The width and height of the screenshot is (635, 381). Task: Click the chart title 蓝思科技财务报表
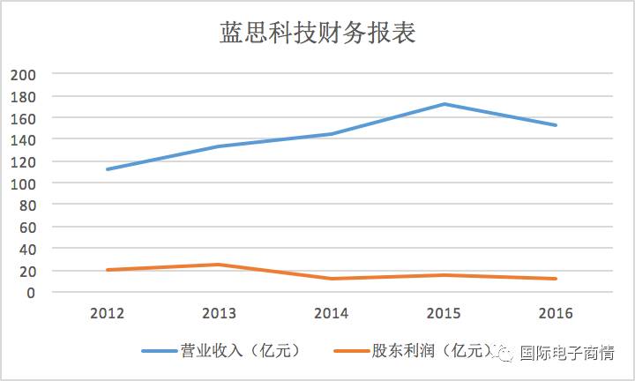coord(317,34)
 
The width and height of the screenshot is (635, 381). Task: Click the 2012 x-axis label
coord(107,313)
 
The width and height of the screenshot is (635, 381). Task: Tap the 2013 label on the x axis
coord(219,313)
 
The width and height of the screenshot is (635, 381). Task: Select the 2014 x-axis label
coord(331,313)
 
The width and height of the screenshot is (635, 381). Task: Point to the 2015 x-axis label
coord(444,313)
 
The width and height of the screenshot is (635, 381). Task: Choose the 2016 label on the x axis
coord(556,313)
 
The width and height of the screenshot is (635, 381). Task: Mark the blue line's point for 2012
coord(107,169)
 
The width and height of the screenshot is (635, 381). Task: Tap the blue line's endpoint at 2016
coord(556,125)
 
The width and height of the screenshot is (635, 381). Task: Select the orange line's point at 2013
coord(219,265)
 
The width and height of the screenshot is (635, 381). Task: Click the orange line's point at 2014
coord(331,279)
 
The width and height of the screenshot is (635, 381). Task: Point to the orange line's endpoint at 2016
coord(556,279)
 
